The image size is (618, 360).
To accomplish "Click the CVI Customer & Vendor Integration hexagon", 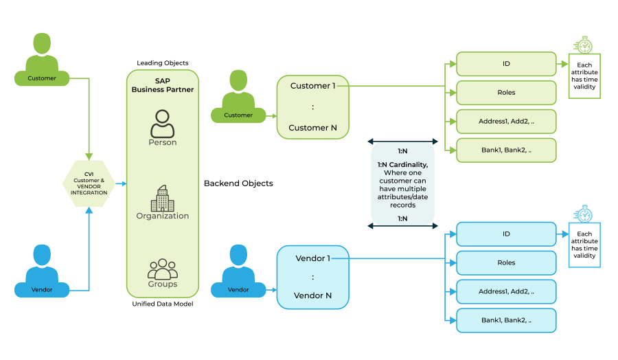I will click(89, 183).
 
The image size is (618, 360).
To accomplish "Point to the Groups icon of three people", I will click(163, 269).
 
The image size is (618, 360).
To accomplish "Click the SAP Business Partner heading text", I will click(163, 85).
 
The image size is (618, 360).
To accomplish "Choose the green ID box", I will click(506, 64).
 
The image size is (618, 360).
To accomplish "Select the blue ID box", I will click(506, 234).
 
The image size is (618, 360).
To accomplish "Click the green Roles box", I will click(506, 93).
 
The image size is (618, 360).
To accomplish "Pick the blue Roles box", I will click(506, 262).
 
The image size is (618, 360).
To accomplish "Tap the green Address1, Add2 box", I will click(506, 121).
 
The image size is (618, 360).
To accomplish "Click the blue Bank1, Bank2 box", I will click(506, 320).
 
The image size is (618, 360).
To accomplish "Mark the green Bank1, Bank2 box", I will click(506, 150).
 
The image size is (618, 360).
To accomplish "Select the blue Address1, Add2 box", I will click(506, 291).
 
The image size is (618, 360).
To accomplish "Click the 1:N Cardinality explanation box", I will click(402, 184).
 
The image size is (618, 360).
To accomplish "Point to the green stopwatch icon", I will click(584, 45).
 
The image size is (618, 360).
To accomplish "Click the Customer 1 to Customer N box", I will click(312, 106).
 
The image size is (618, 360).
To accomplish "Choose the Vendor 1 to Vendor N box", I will click(312, 276).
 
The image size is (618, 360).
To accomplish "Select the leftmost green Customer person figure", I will click(42, 58).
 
